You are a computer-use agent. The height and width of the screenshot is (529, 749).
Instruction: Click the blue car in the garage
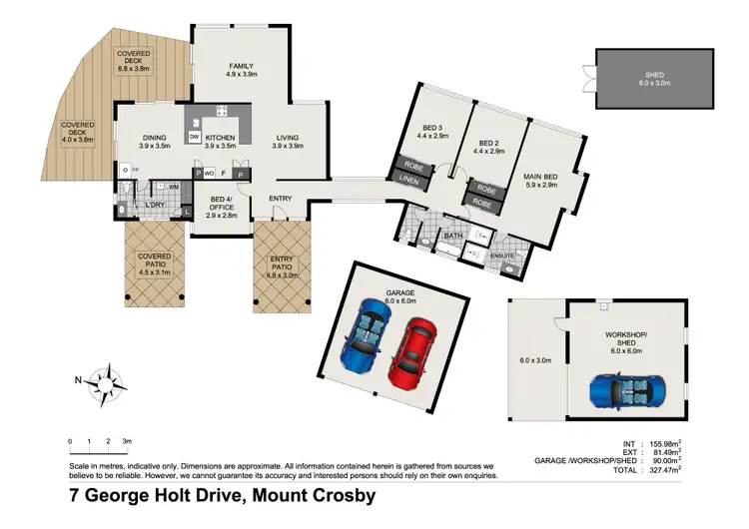[x=368, y=337]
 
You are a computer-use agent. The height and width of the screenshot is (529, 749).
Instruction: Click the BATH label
[x=439, y=236]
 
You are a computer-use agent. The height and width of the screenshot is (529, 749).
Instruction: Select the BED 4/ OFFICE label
[x=222, y=204]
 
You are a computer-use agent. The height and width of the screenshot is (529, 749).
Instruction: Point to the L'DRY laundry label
[x=155, y=205]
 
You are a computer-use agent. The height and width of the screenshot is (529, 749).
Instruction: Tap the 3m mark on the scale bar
[x=127, y=440]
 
